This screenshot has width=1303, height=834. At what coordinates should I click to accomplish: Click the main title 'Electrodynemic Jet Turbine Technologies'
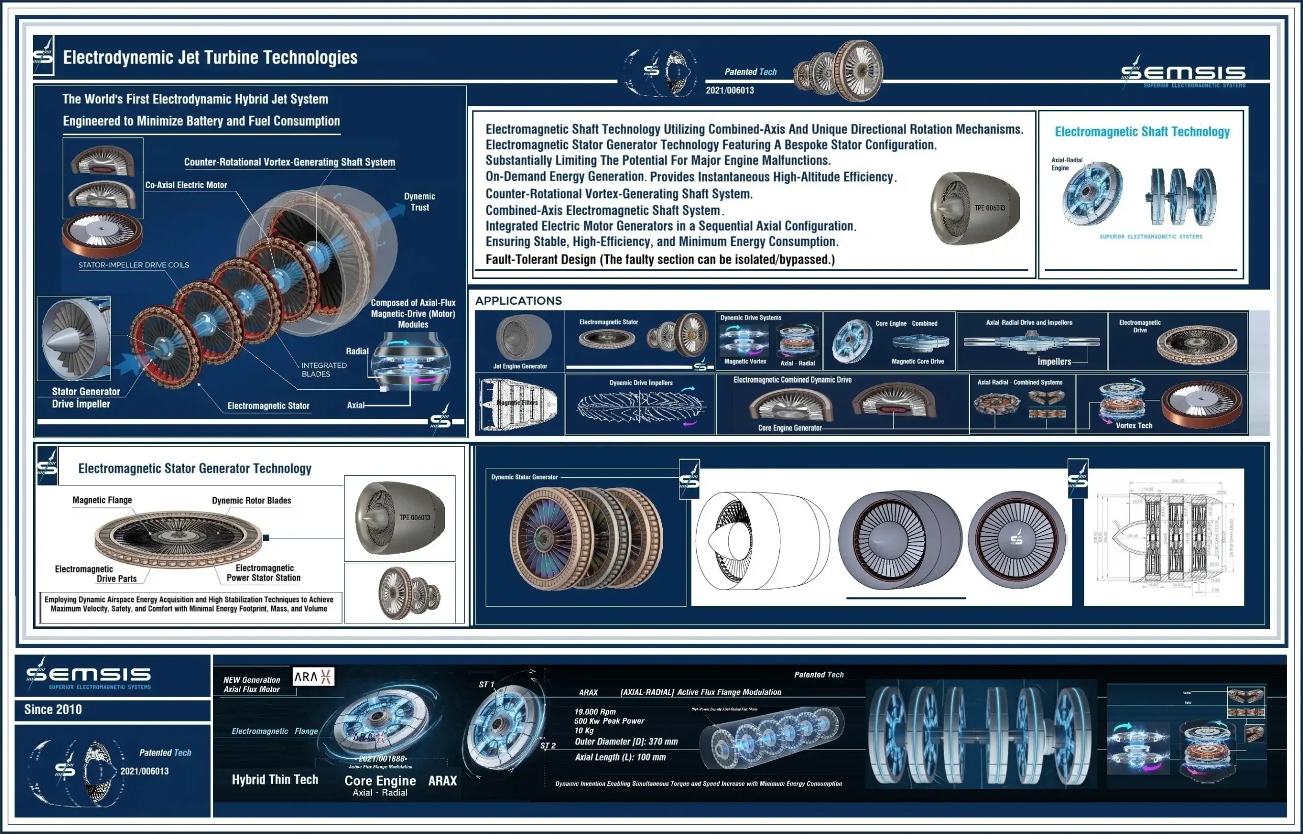coord(210,57)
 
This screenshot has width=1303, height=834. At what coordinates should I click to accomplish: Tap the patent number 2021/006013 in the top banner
coord(729,91)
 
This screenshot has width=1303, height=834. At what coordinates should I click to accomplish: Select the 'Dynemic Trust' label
coord(419,202)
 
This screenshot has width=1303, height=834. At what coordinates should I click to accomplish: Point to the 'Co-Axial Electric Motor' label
coord(186,185)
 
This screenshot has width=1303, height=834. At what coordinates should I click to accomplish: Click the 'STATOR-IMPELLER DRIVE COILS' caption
coord(133,265)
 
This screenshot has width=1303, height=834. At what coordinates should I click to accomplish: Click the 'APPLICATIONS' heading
coord(518,301)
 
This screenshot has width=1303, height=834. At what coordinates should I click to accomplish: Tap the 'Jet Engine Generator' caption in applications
coord(520,366)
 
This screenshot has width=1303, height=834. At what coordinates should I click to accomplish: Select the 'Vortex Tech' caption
coord(1134,426)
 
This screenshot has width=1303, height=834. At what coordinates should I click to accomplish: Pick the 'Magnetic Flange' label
coord(102,500)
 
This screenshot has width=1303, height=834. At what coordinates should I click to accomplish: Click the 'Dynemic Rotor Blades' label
coord(251,500)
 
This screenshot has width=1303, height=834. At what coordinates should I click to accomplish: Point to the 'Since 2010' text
coord(53,709)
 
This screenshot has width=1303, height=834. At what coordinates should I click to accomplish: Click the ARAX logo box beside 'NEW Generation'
coord(313,676)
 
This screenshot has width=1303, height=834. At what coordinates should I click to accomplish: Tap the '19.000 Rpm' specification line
coord(594,711)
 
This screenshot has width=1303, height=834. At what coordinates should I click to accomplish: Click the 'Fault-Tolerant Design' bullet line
coord(660,260)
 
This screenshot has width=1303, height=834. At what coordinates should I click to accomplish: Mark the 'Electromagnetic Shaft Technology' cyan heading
coord(1142,132)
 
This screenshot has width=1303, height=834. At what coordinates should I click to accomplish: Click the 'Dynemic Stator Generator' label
coord(524,477)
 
